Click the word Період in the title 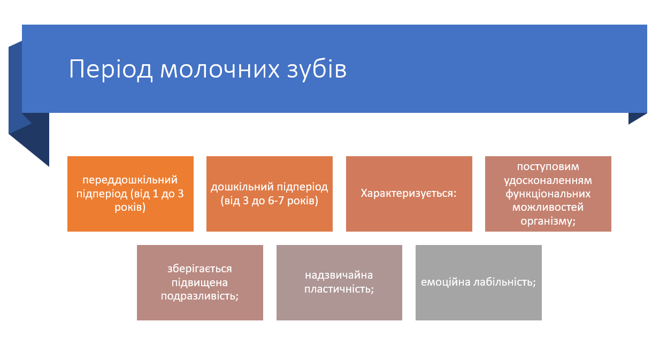point(110,70)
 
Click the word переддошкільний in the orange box point(130,180)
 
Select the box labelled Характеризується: point(409,193)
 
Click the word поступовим point(548,166)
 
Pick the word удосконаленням point(548,180)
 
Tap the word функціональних point(548,193)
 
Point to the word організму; point(548,220)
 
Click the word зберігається point(200,269)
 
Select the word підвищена point(200,282)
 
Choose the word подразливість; point(200,295)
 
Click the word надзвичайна point(339,275)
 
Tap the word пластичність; point(339,289)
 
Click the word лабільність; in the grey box point(503,282)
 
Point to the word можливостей point(548,206)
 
